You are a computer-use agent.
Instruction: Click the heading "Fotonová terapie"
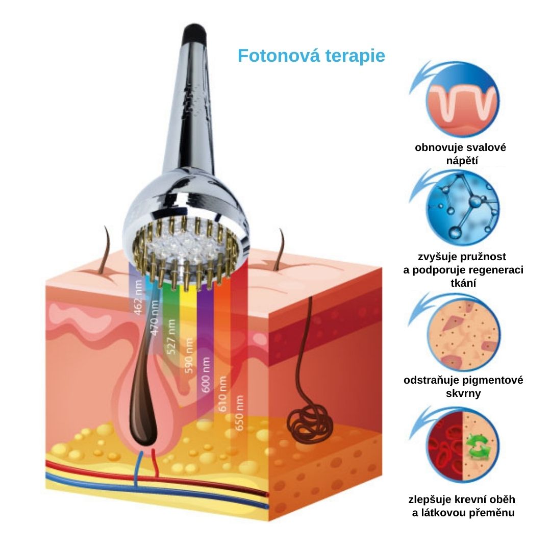[311, 56]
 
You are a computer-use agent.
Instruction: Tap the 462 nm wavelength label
[139, 297]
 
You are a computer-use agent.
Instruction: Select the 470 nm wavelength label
[155, 318]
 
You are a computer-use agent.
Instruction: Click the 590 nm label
[189, 355]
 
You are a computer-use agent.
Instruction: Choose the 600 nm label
[206, 374]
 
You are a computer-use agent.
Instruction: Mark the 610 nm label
[222, 394]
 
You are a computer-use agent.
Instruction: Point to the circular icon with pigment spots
[464, 334]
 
